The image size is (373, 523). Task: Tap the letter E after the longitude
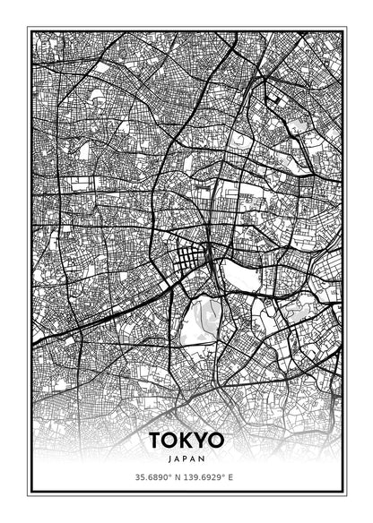pos(231,476)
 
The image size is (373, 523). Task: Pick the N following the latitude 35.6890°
pos(177,476)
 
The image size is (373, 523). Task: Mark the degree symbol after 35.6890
pos(169,475)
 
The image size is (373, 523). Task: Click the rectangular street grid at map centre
pos(191,261)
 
